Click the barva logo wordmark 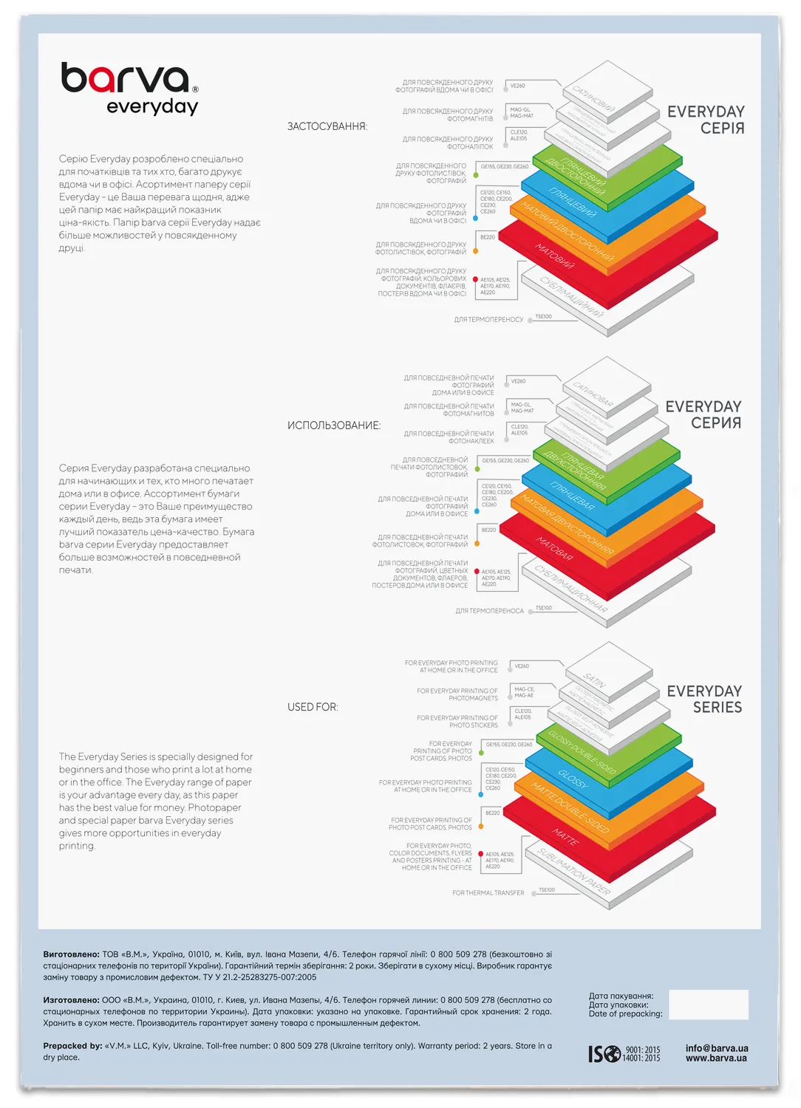[126, 78]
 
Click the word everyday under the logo [152, 107]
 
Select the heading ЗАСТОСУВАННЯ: [327, 126]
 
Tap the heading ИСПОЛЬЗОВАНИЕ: [334, 425]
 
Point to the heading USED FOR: [313, 707]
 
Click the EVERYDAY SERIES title [704, 699]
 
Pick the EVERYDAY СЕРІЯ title [706, 120]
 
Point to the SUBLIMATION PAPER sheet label [574, 872]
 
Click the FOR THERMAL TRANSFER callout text [488, 893]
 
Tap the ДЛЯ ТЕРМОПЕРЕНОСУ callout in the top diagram [488, 320]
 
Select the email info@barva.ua [716, 1048]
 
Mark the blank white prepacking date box [708, 1005]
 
